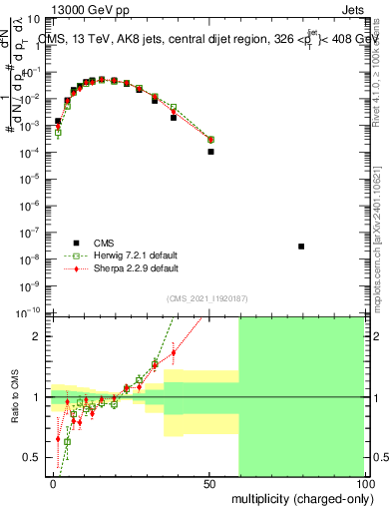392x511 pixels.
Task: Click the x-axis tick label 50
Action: (x=209, y=483)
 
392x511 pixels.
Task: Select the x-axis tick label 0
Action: (x=53, y=483)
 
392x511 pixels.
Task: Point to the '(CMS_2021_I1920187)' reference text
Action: (x=207, y=298)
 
